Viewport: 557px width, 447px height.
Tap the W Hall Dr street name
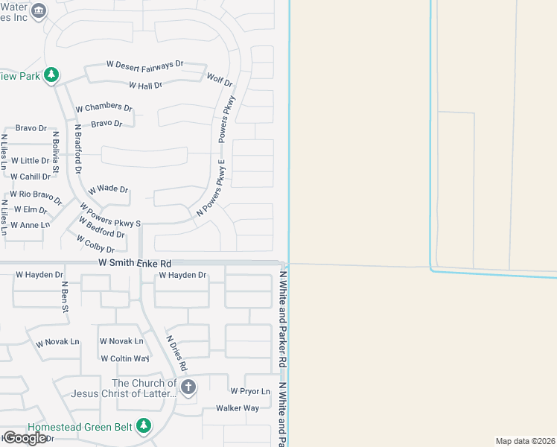coord(145,86)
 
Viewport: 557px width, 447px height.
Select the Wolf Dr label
coord(220,79)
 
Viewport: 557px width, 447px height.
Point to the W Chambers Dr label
coord(104,107)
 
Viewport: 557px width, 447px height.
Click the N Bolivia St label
coord(55,149)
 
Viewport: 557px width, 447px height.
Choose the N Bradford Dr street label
coord(77,149)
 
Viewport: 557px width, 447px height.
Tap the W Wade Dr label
coord(108,190)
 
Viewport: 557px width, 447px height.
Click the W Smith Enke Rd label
coord(135,264)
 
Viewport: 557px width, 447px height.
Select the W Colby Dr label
coord(95,244)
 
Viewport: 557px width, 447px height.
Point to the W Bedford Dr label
coord(96,227)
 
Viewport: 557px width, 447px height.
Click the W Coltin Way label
coord(125,358)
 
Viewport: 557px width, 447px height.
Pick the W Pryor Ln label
coord(249,390)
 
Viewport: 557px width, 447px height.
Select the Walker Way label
coord(238,408)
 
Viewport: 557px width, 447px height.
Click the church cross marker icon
coord(188,387)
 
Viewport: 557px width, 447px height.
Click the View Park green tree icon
coord(51,74)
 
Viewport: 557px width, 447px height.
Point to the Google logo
coord(25,438)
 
